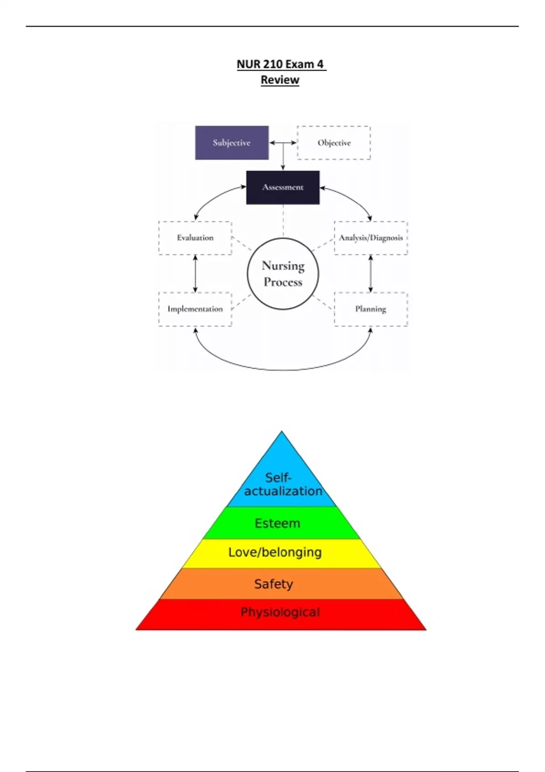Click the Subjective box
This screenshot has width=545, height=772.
(x=232, y=143)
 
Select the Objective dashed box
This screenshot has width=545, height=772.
(x=334, y=143)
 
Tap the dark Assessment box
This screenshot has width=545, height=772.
(x=282, y=187)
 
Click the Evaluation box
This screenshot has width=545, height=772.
(x=195, y=238)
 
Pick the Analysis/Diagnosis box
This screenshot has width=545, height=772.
(x=371, y=238)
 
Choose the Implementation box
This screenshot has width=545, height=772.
(x=195, y=309)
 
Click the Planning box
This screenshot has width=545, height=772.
(x=371, y=309)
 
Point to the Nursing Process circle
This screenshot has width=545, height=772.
(x=282, y=273)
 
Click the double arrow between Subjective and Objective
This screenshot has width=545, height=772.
(x=282, y=143)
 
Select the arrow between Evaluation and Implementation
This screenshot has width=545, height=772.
(x=195, y=273)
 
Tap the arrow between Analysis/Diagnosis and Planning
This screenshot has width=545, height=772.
(x=371, y=273)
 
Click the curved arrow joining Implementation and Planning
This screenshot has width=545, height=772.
(x=282, y=369)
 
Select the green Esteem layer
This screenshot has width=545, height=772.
(x=278, y=523)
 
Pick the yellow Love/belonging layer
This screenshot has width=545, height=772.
(x=275, y=553)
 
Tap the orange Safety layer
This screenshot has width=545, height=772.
(x=273, y=584)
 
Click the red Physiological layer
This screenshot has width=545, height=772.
(x=280, y=613)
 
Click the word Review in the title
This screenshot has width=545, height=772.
(x=280, y=80)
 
